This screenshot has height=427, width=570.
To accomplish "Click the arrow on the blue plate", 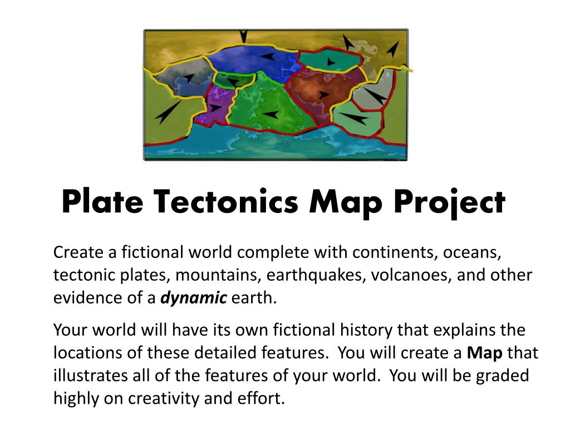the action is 268,56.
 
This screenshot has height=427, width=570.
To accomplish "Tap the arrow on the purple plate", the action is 215,108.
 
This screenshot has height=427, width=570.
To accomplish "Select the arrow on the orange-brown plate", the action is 323,95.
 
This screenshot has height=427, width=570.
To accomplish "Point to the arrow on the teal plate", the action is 331,62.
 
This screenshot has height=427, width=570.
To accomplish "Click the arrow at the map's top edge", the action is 244,37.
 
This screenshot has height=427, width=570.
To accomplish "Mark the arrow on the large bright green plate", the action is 271,115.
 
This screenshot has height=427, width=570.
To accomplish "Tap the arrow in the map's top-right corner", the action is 394,49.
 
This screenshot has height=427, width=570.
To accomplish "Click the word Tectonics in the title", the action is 225,202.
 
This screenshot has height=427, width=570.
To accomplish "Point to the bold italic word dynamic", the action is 194,298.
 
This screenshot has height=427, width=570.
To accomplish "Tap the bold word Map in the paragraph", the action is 485,352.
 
